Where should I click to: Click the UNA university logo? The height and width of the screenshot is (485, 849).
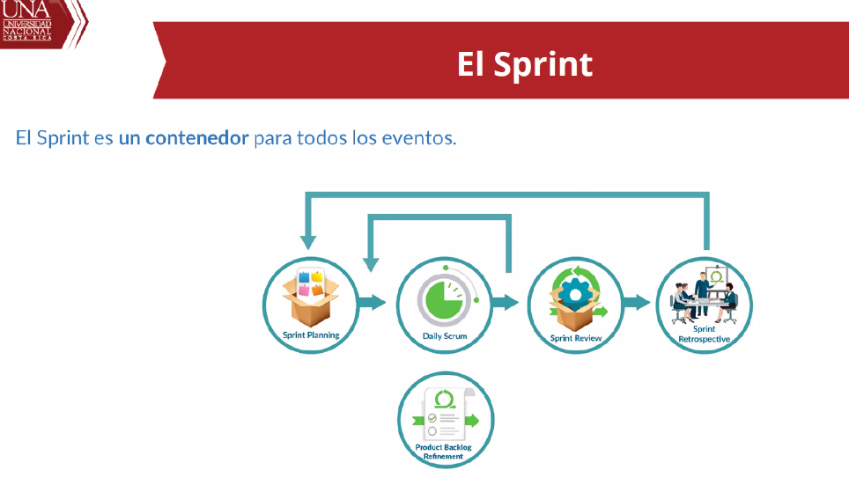26,20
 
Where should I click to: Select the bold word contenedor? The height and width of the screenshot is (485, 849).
197,138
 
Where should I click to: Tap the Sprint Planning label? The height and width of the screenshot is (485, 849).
311,335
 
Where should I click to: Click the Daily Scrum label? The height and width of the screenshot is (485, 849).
445,336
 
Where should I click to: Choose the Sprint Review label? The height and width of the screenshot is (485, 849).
576,338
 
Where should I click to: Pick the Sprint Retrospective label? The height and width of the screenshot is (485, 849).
705,334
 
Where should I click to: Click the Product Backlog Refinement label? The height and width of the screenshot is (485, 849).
444,452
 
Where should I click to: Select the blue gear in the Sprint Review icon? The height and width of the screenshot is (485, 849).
574,293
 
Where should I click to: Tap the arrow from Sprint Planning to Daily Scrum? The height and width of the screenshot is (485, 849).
373,303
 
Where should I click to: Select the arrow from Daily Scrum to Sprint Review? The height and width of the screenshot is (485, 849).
505,303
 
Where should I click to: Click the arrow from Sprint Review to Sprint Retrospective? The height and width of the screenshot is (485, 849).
636,303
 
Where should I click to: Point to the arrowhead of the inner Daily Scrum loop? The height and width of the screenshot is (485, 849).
371,263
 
